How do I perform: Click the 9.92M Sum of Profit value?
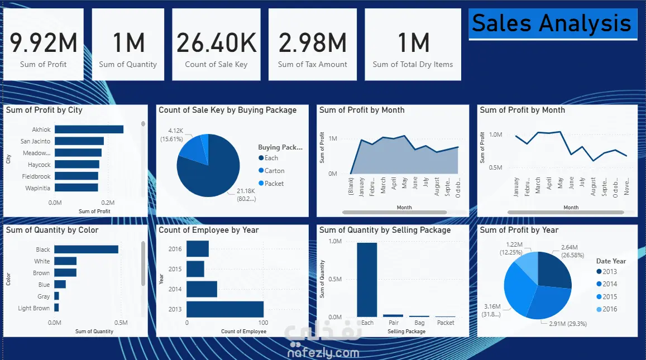pos(44,43)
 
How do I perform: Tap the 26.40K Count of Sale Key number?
pos(216,43)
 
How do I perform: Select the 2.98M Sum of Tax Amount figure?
pos(313,43)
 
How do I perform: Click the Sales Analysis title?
pos(552,23)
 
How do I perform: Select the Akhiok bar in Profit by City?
pos(89,129)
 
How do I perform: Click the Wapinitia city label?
pos(38,188)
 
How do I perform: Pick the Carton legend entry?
pos(274,171)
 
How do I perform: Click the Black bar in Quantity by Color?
pos(86,249)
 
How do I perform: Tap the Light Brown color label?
pos(34,308)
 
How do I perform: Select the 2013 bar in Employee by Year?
pos(224,309)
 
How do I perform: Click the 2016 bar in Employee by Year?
pos(197,249)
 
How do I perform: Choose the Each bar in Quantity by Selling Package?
pos(367,280)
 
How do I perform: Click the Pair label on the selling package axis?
pos(394,323)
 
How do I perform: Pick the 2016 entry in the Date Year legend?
pos(610,309)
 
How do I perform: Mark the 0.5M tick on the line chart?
pos(496,167)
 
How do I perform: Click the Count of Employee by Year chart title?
pos(209,230)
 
